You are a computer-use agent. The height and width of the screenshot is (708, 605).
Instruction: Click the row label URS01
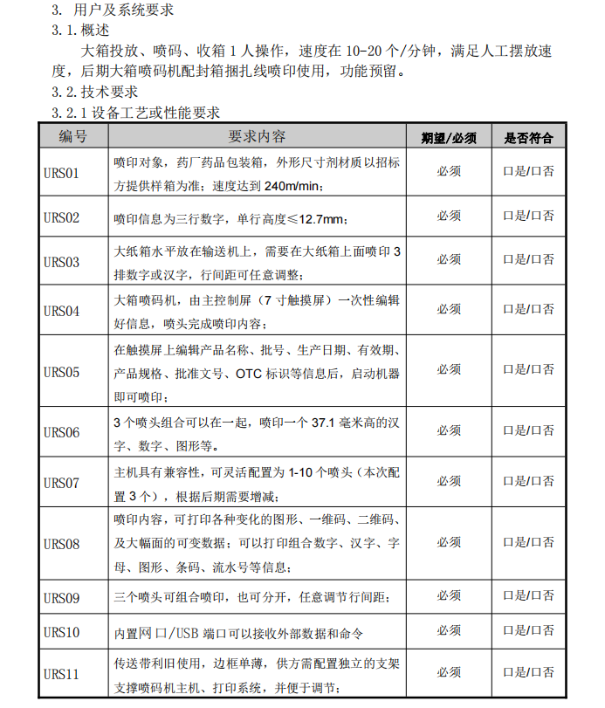pos(61,173)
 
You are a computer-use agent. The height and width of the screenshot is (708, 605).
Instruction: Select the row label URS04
pos(61,310)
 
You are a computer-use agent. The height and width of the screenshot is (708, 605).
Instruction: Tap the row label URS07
pos(61,483)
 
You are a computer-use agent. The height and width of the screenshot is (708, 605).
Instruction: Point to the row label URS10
pos(61,632)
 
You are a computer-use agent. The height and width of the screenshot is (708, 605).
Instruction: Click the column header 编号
pos(73,137)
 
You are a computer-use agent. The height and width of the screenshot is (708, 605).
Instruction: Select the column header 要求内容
pos(258,137)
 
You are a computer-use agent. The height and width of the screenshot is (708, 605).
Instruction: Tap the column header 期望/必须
pos(449,138)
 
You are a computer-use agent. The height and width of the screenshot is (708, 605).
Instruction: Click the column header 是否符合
pos(529,138)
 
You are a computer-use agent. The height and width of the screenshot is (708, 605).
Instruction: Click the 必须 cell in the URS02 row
pos(449,217)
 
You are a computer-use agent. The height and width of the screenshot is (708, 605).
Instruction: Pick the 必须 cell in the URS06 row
pos(449,431)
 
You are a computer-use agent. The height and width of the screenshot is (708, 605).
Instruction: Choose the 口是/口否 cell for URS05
pos(529,370)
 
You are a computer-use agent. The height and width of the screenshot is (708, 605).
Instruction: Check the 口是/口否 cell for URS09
pos(529,596)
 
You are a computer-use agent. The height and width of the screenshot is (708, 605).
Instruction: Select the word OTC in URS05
pos(249,374)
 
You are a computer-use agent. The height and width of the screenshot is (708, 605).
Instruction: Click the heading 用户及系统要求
pos(122,10)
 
